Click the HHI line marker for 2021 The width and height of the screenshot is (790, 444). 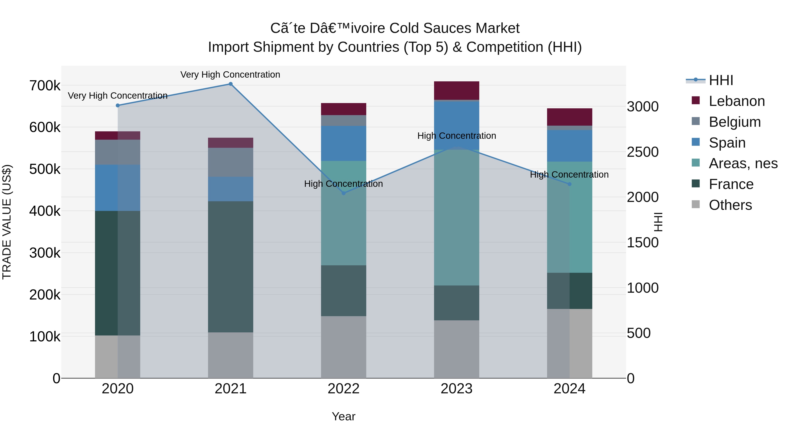[x=231, y=84]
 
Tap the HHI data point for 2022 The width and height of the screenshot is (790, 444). [x=343, y=193]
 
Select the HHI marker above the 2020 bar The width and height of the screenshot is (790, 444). [x=118, y=105]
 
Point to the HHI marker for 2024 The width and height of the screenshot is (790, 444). [x=569, y=184]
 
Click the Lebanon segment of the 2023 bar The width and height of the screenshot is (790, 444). [x=456, y=90]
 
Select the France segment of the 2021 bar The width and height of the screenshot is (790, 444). [x=231, y=267]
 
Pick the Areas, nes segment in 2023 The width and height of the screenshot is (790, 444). [x=456, y=218]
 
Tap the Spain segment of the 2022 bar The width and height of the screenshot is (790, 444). [x=343, y=143]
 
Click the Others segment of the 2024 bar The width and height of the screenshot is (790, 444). [x=569, y=343]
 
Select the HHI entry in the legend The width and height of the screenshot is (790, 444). [x=721, y=80]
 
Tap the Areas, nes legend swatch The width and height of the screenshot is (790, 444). [x=696, y=163]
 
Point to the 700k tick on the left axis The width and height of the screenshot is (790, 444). [x=45, y=86]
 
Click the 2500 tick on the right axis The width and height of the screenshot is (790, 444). [x=643, y=152]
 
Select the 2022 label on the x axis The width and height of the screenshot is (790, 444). [x=343, y=389]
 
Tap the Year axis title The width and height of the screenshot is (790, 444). [x=343, y=416]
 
